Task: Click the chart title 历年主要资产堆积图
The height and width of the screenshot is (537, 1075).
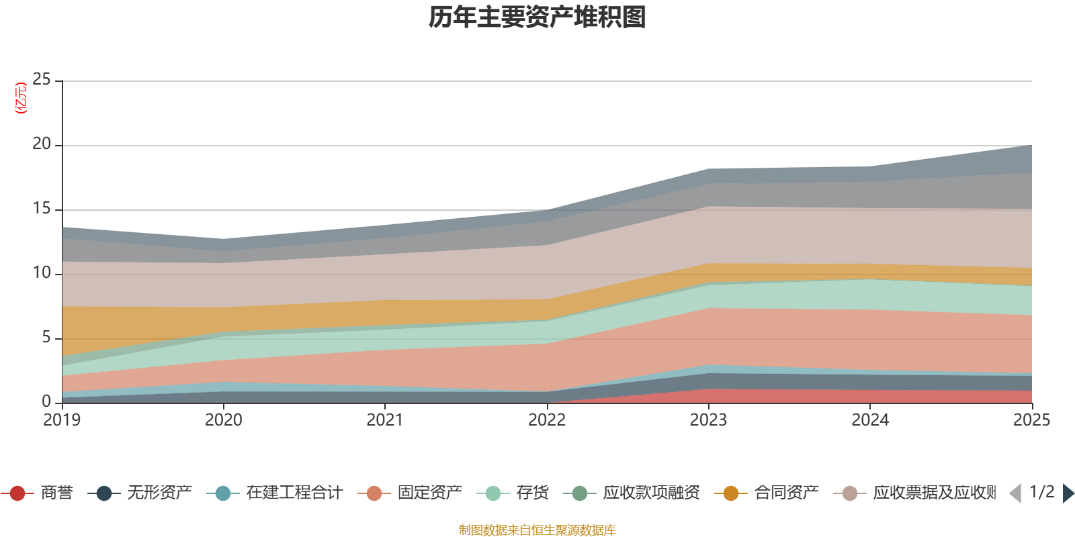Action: pos(537,17)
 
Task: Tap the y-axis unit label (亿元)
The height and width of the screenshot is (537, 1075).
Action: pos(21,98)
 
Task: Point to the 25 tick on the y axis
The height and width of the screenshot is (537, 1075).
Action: pos(42,80)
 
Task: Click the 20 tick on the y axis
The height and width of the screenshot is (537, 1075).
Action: pos(42,144)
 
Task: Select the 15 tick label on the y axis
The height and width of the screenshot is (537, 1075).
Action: pos(42,209)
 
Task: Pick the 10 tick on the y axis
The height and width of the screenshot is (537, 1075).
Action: pos(42,273)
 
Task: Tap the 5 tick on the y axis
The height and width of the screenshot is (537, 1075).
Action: pos(46,338)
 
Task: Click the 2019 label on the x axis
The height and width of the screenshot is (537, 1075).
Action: pos(62,420)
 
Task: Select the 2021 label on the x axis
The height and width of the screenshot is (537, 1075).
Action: pos(385,420)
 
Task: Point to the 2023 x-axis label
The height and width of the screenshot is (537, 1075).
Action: pos(708,420)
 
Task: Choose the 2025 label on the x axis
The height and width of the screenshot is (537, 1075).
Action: pos(1031,420)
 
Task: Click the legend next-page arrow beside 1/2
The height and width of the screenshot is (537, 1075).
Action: pos(1068,493)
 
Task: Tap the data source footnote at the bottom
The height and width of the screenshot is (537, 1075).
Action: pos(537,530)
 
